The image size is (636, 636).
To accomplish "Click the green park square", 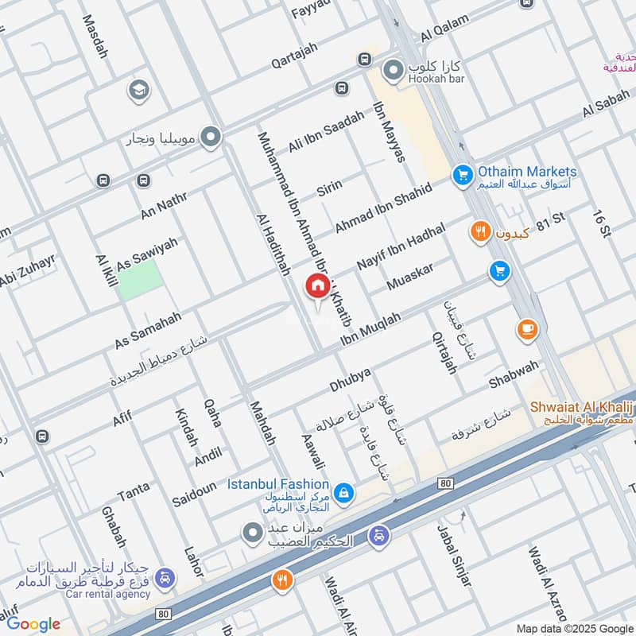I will click(140, 279).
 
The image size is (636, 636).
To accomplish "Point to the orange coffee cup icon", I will click(526, 329).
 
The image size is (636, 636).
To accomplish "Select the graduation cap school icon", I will click(138, 91).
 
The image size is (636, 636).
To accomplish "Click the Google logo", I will click(33, 624).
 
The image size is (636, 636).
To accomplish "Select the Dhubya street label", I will click(351, 380).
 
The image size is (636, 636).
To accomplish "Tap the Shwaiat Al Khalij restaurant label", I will click(582, 407).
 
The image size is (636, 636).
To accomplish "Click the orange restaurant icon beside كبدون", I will click(479, 231).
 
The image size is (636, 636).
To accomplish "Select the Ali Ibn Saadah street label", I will click(326, 132).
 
